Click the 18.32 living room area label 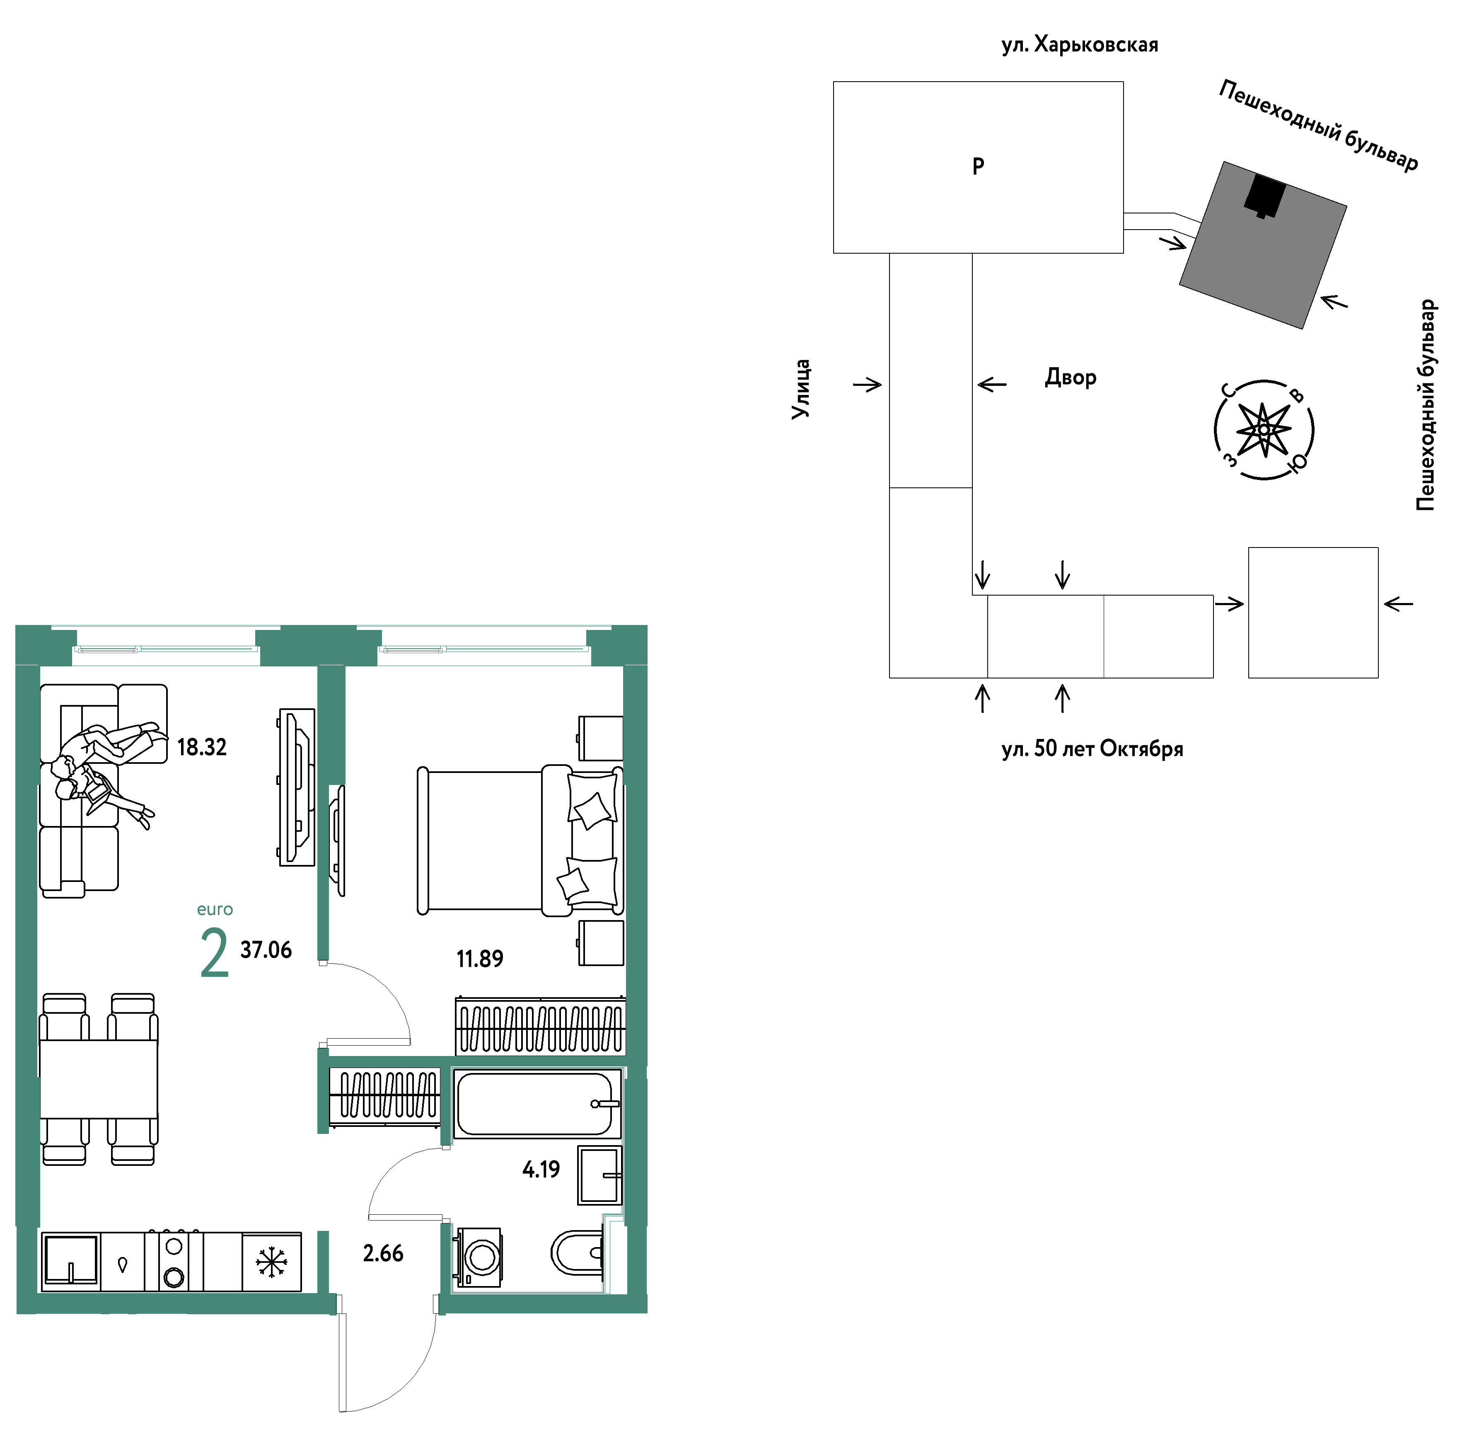(202, 747)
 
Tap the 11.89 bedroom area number (480, 959)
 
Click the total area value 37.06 (266, 950)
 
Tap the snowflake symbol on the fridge (271, 1262)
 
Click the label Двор (1070, 377)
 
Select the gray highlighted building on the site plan (1263, 245)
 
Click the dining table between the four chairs (99, 1079)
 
